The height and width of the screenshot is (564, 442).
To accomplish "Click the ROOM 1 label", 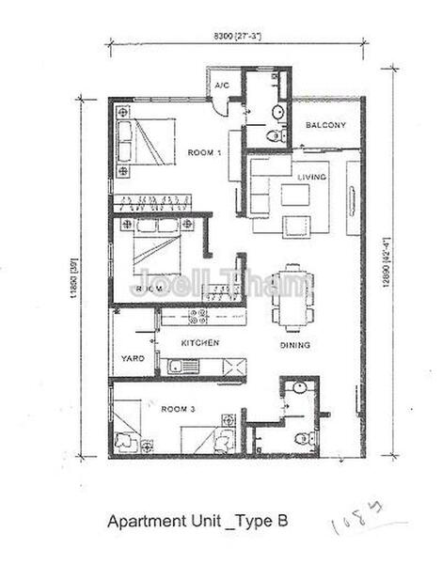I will click(204, 152).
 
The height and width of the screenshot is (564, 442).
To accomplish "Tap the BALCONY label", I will click(326, 125).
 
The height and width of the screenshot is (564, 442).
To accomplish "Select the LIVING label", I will click(311, 177).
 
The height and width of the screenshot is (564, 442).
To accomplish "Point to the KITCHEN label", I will click(199, 343).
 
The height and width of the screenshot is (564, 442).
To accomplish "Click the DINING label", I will click(294, 345).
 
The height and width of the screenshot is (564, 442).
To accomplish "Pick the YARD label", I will click(131, 358).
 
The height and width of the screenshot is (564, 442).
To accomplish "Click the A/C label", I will click(222, 86).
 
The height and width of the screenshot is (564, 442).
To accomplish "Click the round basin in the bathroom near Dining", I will click(296, 387).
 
